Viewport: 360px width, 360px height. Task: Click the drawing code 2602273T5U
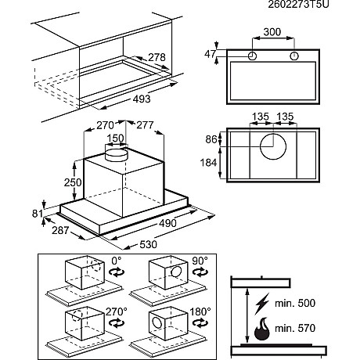tap(298, 4)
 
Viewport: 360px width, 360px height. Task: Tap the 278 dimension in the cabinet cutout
tap(157, 57)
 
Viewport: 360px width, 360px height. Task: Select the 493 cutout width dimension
tap(142, 99)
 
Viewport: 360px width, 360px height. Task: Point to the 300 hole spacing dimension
tap(272, 32)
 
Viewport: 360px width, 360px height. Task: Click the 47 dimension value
tap(211, 54)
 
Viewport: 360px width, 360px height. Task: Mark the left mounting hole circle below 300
tap(252, 56)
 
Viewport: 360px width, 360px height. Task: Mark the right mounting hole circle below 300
tap(294, 56)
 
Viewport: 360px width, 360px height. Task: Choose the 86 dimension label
tap(211, 139)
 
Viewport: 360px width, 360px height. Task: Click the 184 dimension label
tap(208, 163)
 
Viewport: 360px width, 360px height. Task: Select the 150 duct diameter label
tap(116, 138)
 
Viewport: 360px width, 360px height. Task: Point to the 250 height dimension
tap(73, 182)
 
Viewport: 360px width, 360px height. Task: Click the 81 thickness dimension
tap(38, 214)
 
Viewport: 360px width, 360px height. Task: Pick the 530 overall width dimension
tap(149, 244)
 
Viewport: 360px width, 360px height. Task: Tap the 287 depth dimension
tap(60, 230)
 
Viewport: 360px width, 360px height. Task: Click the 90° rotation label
tap(200, 261)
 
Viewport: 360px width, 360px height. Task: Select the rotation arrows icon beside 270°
tap(117, 323)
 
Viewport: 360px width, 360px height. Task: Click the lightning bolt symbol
tap(262, 304)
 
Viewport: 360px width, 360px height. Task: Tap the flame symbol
tap(261, 329)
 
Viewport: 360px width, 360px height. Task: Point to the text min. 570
tap(295, 328)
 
